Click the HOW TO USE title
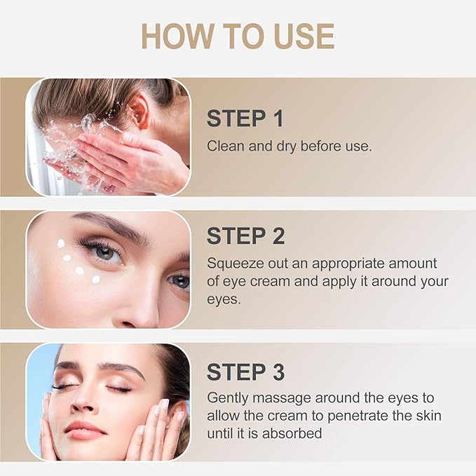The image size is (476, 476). [x=238, y=36]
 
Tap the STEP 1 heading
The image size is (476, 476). [x=245, y=119]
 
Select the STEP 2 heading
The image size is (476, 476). [x=245, y=236]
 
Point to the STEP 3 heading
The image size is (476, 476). [x=245, y=372]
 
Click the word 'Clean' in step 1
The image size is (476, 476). [x=224, y=146]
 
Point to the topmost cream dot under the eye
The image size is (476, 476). [x=61, y=243]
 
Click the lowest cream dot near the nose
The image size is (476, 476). [x=96, y=279]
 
